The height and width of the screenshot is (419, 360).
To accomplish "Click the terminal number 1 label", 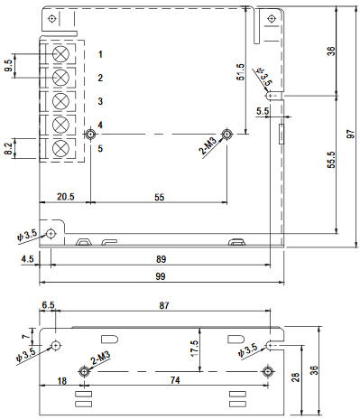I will point(101,55).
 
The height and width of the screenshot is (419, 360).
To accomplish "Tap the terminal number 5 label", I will point(101,148).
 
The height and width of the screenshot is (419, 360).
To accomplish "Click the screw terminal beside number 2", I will point(61,78).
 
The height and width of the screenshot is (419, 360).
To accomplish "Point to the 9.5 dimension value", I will point(9,67).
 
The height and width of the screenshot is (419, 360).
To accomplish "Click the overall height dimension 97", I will point(351,135).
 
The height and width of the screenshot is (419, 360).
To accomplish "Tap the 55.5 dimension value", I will point(332,161).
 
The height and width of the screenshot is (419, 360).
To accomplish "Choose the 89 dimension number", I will point(161,257).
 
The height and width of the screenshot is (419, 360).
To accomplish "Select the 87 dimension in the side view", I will point(163,307).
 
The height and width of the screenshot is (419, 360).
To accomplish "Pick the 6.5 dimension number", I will point(47,307).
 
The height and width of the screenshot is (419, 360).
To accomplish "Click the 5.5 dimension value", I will point(263,110).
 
